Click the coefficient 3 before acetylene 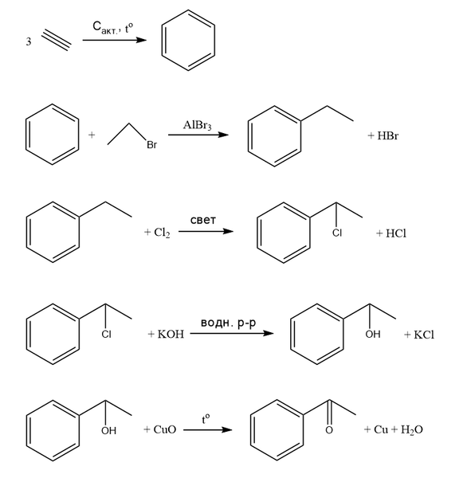[29, 41]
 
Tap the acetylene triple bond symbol [57, 40]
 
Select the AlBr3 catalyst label [198, 125]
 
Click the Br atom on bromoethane [152, 144]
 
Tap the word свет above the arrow [203, 220]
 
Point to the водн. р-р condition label [228, 323]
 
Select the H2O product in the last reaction [412, 430]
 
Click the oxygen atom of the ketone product [329, 430]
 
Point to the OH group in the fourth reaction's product [373, 334]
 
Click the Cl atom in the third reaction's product [337, 233]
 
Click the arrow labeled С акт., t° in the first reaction [115, 40]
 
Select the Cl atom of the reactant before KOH [107, 335]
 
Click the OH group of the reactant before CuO [109, 430]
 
